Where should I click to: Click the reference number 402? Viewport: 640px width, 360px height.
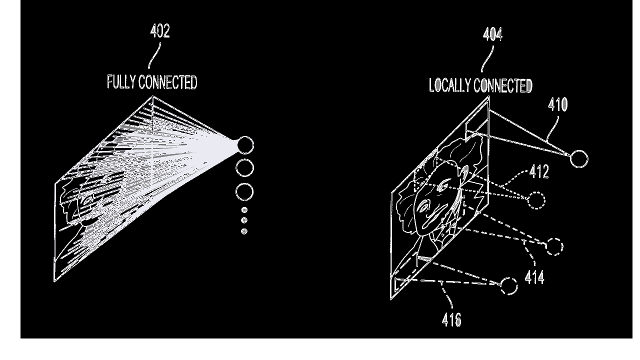(x=160, y=31)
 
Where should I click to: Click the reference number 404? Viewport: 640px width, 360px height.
(x=492, y=34)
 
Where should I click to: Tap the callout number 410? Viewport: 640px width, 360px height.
(x=557, y=104)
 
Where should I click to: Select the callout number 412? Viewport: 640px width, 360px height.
(x=539, y=171)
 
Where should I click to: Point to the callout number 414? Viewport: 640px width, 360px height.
(x=534, y=277)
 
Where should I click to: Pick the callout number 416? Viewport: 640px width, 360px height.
(x=451, y=319)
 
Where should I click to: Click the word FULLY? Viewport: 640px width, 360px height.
(x=121, y=82)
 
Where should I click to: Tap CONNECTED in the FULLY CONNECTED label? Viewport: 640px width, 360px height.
(x=168, y=82)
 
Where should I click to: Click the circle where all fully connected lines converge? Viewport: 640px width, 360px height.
(x=245, y=145)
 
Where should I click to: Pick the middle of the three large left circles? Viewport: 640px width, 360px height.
(x=244, y=167)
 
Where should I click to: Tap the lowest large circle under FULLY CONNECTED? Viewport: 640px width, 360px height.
(x=244, y=191)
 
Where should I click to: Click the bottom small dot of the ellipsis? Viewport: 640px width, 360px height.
(x=244, y=231)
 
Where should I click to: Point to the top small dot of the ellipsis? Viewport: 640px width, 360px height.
(x=244, y=210)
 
